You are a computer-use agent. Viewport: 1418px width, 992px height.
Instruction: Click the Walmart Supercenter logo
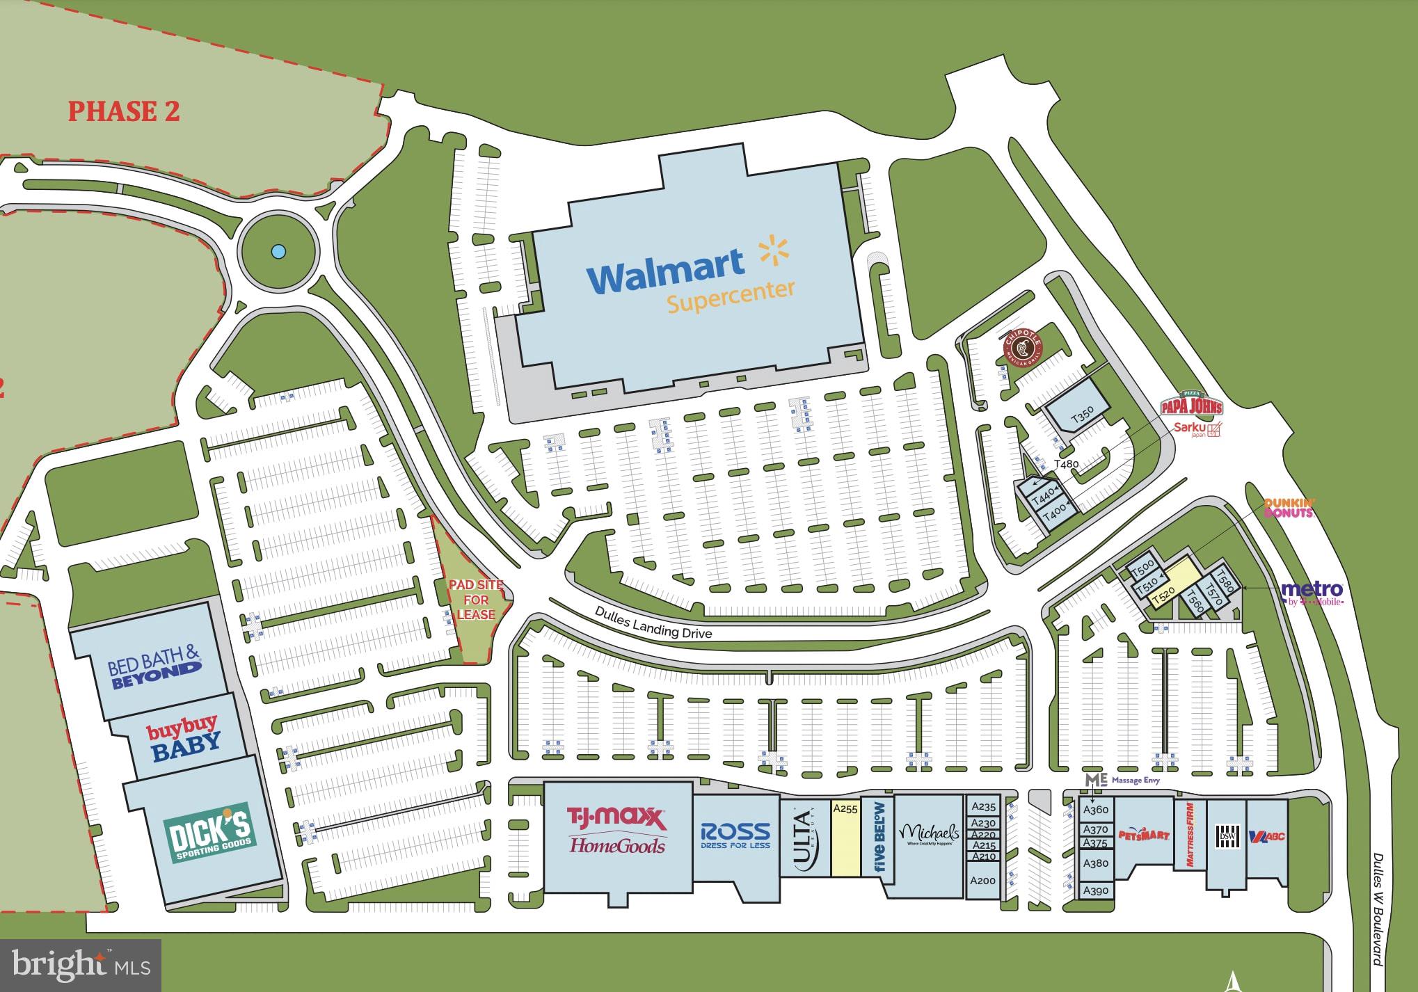690,275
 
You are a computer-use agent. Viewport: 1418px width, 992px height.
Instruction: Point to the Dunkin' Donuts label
1289,507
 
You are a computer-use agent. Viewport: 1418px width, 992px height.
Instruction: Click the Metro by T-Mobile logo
1312,593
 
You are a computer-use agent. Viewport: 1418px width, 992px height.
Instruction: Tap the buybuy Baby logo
184,739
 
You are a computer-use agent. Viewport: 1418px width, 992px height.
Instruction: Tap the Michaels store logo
929,833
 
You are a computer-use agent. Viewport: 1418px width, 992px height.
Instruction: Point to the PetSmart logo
1144,833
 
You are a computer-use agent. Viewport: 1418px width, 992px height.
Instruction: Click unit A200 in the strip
983,881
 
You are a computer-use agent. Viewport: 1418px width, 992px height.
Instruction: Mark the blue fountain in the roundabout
278,250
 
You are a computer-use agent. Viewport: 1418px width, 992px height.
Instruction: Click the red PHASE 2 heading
124,111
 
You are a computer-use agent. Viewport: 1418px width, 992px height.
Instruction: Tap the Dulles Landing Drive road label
653,622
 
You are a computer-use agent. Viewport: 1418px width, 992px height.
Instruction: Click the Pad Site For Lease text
476,600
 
